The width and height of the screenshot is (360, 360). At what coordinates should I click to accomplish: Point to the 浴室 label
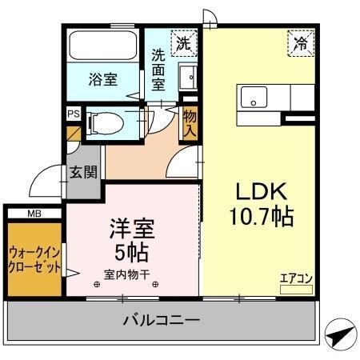tap(102, 81)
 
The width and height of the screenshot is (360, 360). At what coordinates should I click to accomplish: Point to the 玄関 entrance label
tap(83, 171)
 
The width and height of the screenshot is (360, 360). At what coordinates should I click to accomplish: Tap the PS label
tap(74, 114)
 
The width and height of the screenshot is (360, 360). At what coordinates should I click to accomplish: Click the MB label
tap(34, 214)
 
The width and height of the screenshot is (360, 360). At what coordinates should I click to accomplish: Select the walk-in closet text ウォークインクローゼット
tap(34, 258)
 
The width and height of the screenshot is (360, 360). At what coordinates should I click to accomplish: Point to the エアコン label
tap(295, 278)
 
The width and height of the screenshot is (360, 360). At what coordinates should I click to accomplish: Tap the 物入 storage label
tap(190, 121)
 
